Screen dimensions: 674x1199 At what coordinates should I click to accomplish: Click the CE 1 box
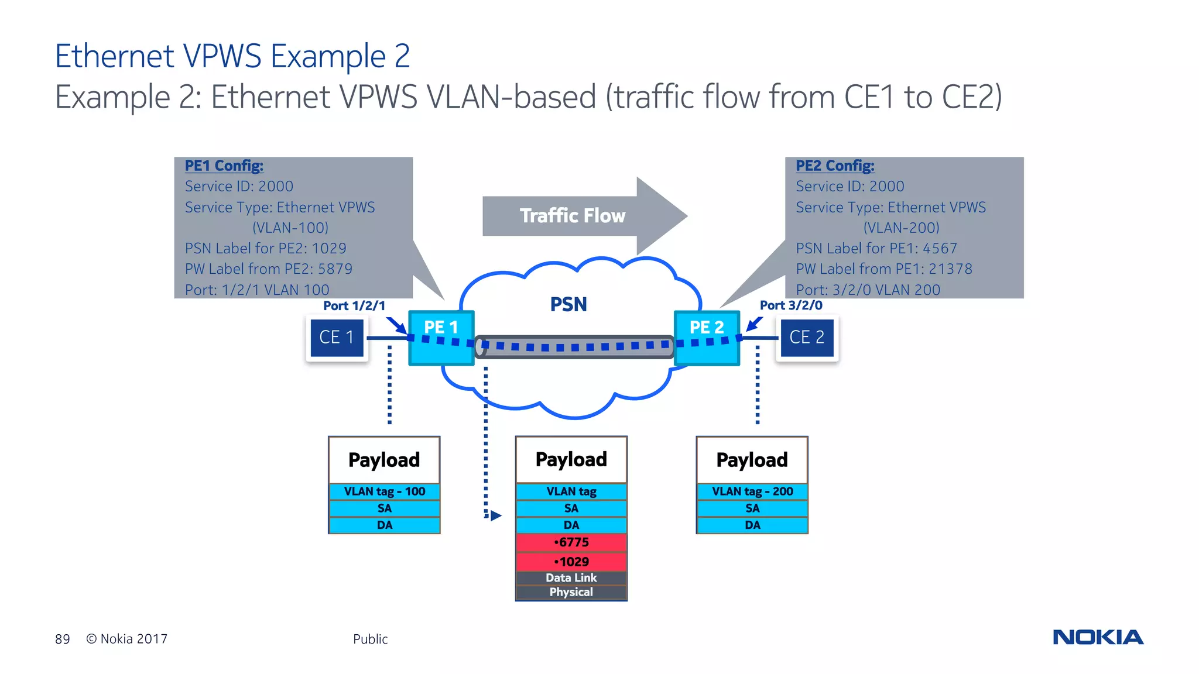pos(337,338)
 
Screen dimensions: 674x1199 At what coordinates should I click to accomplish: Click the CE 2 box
pos(807,338)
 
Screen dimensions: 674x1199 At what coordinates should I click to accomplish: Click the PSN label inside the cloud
pos(568,305)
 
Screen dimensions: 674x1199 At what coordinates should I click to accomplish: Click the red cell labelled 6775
pos(571,542)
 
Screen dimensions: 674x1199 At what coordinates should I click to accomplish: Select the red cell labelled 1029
pos(571,562)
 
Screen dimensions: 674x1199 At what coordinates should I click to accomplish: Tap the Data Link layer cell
pos(571,578)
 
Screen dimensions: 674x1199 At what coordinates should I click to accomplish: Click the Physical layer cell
pos(571,592)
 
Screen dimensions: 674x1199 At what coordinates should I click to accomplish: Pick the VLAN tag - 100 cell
pos(385,491)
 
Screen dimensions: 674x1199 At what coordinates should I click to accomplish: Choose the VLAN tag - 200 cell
pos(752,491)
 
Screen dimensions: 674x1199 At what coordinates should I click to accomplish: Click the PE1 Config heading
pos(224,166)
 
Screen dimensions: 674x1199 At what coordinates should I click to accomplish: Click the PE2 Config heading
pos(835,166)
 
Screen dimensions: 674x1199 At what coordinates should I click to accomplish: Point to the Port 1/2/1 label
pos(354,305)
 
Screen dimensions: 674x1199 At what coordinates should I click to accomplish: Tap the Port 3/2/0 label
pos(791,305)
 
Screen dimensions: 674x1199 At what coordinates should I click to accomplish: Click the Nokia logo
pos(1098,637)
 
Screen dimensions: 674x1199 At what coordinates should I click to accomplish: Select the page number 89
pos(63,639)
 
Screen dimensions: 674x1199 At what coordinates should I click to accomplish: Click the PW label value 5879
pos(335,269)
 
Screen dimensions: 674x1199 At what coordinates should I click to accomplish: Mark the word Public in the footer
pos(370,639)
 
